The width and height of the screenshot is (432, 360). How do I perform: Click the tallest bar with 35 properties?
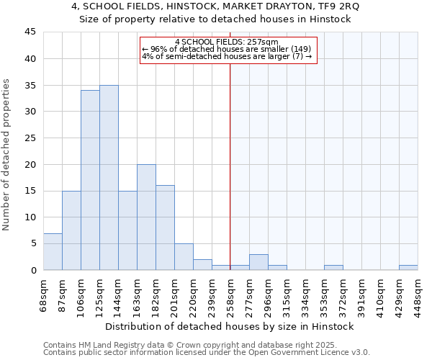[x=109, y=178]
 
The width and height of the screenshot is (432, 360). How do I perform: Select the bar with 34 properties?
[x=90, y=180]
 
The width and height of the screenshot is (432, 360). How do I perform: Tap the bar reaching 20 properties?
[x=146, y=217]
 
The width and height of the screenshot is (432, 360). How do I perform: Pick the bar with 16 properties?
[x=165, y=228]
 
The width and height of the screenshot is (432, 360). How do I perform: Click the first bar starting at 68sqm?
[x=53, y=252]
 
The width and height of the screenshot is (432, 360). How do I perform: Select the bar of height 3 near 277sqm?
[x=258, y=262]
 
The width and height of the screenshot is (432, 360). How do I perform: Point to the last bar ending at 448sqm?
[x=408, y=268]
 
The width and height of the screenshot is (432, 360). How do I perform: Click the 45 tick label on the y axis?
[x=30, y=32]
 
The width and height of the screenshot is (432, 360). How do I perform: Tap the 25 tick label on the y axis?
[x=30, y=138]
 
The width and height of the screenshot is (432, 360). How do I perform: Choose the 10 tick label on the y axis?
[x=30, y=217]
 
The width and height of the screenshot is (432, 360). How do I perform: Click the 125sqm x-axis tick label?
[x=99, y=294]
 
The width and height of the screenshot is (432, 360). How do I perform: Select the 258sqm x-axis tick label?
[x=230, y=294]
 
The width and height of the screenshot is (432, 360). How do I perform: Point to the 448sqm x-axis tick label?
[x=418, y=294]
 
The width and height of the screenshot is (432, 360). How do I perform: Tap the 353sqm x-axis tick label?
[x=324, y=294]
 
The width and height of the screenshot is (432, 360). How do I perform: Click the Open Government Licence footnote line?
[x=206, y=352]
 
